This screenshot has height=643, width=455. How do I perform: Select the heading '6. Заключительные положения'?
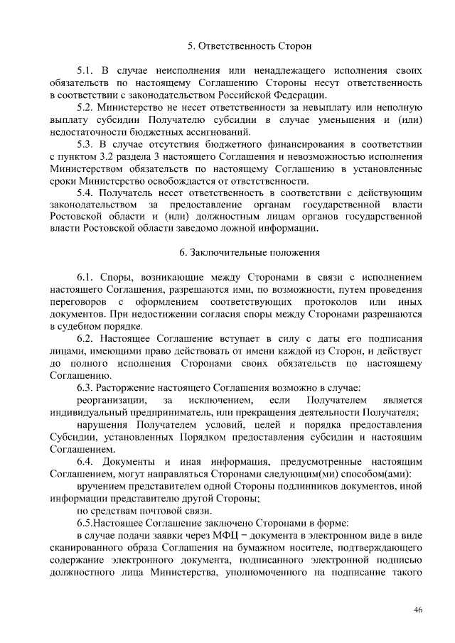pos(240,252)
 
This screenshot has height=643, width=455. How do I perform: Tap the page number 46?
pos(418,610)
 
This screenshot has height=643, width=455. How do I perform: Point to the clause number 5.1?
pos(86,71)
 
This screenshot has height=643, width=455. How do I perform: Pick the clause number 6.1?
pos(86,276)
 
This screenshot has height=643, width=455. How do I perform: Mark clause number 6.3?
pos(86,387)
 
